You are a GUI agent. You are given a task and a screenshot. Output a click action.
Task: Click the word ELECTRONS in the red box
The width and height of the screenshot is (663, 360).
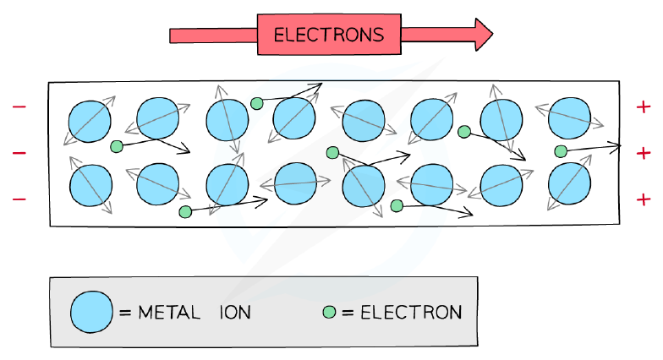point(329,35)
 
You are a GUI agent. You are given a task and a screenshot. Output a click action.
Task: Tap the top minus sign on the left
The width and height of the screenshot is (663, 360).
point(19,106)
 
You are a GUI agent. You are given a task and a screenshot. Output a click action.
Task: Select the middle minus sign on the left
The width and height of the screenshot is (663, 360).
point(19,152)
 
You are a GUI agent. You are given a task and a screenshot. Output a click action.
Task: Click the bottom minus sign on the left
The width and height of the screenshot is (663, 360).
point(19,199)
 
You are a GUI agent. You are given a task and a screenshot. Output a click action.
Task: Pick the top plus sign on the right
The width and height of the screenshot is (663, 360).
point(643,106)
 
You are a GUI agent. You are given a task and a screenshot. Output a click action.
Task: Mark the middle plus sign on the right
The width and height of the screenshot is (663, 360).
point(643,153)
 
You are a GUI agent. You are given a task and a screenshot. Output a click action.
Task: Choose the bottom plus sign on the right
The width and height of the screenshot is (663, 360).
point(643,199)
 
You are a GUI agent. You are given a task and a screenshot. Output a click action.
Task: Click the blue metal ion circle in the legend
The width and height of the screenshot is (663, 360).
point(91,312)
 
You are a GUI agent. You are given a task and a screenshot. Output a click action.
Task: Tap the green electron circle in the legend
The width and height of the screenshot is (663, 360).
point(329,313)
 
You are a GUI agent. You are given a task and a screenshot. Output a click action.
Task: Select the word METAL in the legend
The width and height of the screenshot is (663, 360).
point(169,313)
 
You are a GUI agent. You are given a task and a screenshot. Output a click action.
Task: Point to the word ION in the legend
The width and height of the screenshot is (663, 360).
point(235,313)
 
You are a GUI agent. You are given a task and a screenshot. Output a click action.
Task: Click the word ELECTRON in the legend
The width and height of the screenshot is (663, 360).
point(411,313)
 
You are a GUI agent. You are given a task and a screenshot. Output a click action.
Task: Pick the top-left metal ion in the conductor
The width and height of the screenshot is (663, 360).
point(90,122)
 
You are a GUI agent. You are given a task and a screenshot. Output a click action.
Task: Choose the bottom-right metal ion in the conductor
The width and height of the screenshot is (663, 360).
point(569,184)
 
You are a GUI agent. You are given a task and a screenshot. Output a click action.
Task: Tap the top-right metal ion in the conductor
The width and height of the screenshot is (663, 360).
point(569,118)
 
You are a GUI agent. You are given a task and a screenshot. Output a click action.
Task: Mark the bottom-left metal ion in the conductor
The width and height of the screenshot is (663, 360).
point(90,186)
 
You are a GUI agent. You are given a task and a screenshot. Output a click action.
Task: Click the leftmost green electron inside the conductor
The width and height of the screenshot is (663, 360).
point(117,147)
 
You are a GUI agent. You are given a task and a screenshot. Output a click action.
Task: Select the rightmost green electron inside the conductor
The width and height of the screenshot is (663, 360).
point(561,151)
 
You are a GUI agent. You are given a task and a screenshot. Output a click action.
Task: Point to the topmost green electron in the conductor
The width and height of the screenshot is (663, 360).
point(257,103)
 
